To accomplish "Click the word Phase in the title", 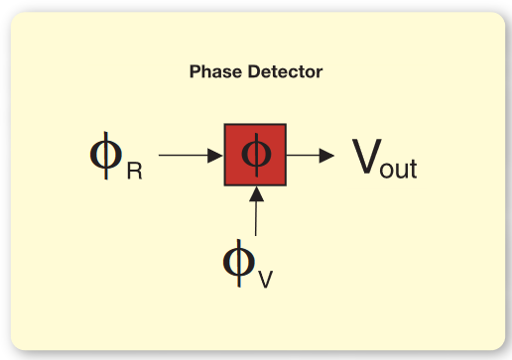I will (211, 72).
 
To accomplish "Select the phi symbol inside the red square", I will (255, 155).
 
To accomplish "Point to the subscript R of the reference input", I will (134, 171).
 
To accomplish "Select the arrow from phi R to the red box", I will (190, 155).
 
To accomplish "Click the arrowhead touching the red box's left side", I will (216, 155).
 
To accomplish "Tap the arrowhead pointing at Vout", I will (328, 155).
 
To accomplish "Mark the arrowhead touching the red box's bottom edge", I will (255, 194).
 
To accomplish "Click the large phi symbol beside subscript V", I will (238, 260).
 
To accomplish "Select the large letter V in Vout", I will (366, 157).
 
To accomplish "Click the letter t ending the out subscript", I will (413, 167).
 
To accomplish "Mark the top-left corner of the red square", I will (224, 125).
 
